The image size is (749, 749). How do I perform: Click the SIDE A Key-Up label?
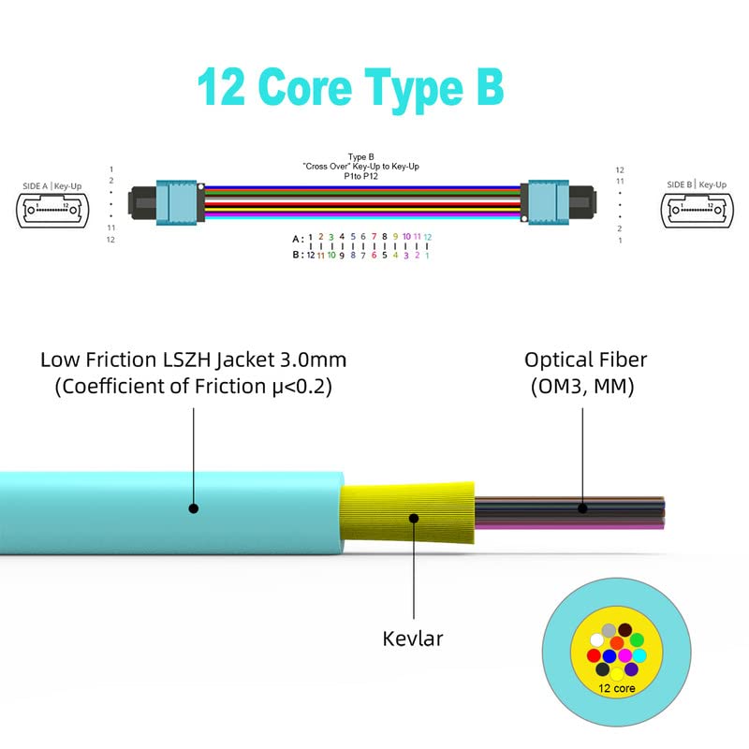53,186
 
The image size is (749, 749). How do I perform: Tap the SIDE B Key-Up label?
696,185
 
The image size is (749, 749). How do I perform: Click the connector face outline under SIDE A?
53,211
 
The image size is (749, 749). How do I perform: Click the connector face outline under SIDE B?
696,211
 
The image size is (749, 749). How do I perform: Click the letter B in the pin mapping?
296,255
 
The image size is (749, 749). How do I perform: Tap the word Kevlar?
413,639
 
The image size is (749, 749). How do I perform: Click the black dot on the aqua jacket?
194,509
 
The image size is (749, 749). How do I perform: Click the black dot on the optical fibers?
581,509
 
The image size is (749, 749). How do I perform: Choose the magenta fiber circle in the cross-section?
624,655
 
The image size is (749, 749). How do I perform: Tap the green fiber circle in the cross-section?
638,639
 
